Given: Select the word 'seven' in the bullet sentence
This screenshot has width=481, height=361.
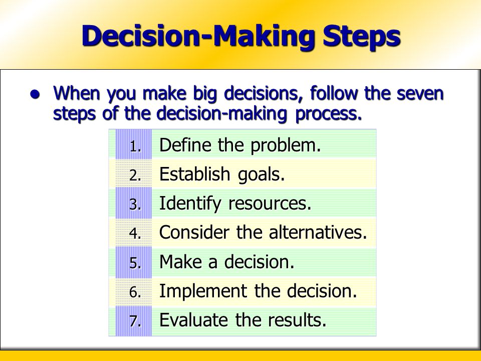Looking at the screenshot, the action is click(x=420, y=93).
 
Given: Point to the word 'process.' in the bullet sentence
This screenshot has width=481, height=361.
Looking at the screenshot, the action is click(x=329, y=114).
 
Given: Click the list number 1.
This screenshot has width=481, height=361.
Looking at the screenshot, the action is click(x=135, y=146).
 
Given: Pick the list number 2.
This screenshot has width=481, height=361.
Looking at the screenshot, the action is click(x=135, y=175).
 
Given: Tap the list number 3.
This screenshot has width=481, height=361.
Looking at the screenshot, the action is click(x=135, y=205).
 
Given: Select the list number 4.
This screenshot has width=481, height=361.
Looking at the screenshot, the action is click(x=135, y=234).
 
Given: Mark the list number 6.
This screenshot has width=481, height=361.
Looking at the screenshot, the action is click(x=135, y=292).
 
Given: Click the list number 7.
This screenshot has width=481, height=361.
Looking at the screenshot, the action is click(x=135, y=321).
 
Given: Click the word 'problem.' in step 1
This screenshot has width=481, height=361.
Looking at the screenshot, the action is click(x=286, y=145).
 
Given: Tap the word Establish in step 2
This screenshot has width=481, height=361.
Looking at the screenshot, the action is click(x=195, y=174).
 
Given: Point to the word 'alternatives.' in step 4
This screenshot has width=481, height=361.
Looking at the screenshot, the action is click(x=318, y=232).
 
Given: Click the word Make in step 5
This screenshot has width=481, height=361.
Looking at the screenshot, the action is click(x=181, y=262).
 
